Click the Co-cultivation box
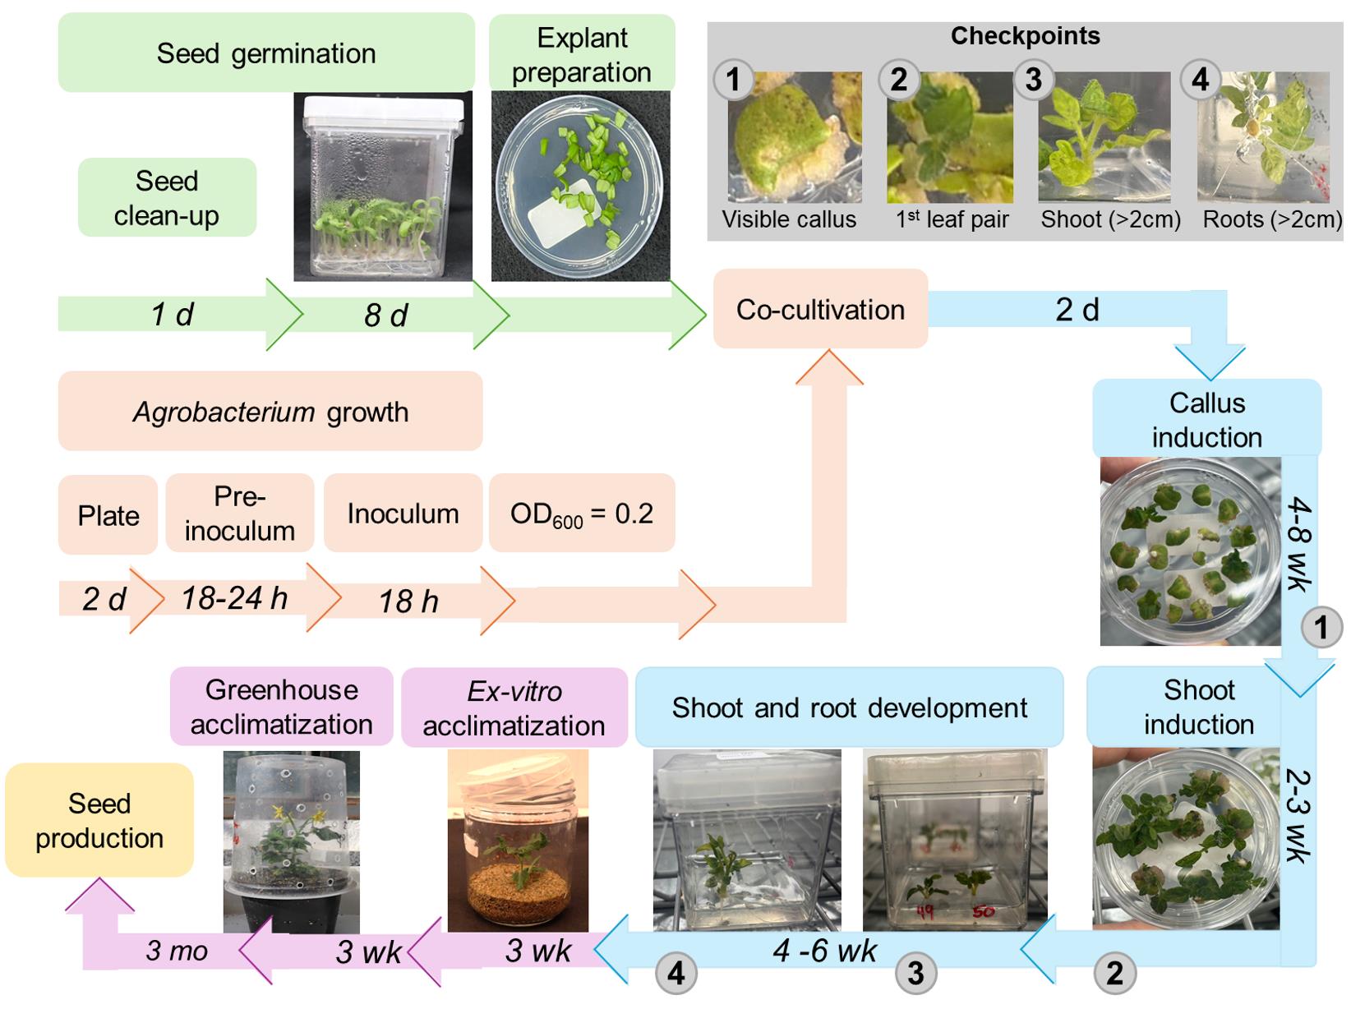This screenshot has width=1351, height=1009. click(820, 309)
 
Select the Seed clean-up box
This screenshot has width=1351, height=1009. click(167, 198)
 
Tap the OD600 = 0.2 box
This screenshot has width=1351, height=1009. click(582, 514)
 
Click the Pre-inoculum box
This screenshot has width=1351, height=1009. click(239, 514)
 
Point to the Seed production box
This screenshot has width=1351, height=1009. click(99, 820)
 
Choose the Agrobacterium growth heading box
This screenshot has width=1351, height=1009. click(270, 411)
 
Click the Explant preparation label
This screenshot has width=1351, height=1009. click(582, 54)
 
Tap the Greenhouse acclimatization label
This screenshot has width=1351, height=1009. click(281, 707)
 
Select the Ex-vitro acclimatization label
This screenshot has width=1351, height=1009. click(514, 707)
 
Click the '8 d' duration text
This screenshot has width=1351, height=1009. click(385, 316)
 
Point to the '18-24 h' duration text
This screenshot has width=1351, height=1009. click(234, 598)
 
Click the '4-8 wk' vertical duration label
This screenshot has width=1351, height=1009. click(1299, 542)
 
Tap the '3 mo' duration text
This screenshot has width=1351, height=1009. click(177, 951)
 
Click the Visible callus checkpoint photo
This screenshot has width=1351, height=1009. click(794, 137)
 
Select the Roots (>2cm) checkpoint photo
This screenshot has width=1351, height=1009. click(1263, 137)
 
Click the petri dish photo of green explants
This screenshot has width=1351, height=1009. click(580, 186)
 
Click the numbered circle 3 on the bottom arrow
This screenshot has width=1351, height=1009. click(915, 973)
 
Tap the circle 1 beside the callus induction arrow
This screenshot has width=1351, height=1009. click(1321, 628)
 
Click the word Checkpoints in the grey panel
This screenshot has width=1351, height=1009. click(1025, 36)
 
